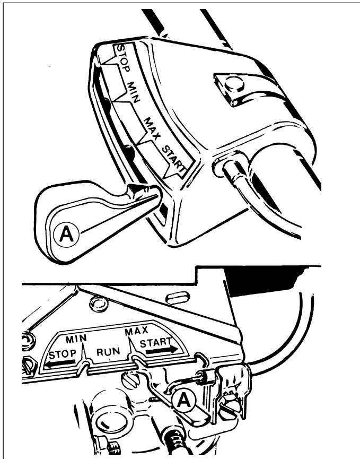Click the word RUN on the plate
pos(108,352)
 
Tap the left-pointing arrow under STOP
pos(60,363)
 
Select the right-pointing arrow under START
pos(162,350)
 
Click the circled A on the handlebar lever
pos(67,234)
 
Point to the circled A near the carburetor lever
pos(184,400)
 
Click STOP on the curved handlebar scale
pos(123,58)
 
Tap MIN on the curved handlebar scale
pos(134,92)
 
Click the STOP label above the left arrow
pos(62,354)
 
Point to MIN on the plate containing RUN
pos(76,339)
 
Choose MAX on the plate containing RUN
pos(136,331)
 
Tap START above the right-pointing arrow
pos(156,342)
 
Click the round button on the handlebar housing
pos(234,84)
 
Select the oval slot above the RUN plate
pos(177,299)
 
